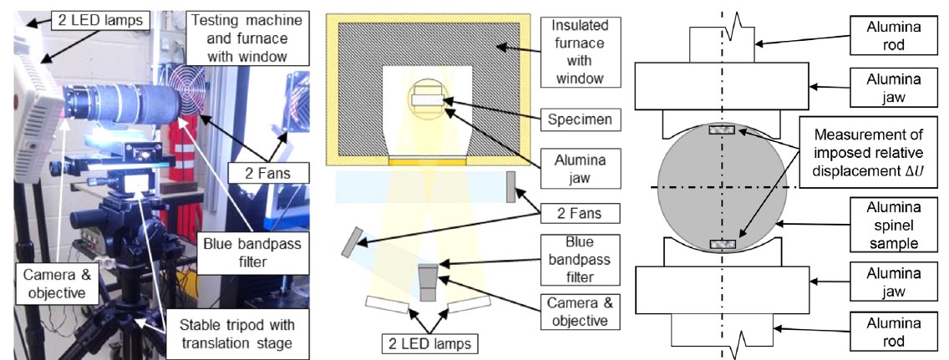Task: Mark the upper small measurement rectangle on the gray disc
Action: point(721,129)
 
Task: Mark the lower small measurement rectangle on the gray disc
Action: point(721,244)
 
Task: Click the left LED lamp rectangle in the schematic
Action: point(387,307)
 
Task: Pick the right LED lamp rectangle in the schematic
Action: point(470,307)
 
